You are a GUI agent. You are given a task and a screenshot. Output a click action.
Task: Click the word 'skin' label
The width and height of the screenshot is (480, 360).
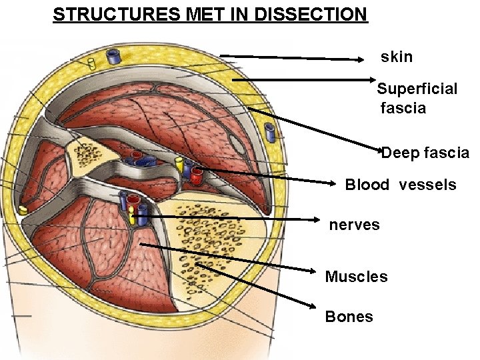[397, 57]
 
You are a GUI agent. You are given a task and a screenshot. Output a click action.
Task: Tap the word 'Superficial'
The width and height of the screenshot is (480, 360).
[417, 89]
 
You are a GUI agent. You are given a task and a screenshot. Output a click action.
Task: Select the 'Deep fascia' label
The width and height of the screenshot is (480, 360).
[425, 153]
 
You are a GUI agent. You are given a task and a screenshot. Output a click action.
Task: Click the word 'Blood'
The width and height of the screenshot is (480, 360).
[367, 185]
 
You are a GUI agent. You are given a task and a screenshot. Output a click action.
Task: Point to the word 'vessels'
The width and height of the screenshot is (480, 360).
[427, 185]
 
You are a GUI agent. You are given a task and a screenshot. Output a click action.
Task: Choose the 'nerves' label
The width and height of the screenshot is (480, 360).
[354, 225]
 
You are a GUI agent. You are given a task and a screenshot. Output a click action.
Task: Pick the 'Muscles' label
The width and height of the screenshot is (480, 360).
[356, 277]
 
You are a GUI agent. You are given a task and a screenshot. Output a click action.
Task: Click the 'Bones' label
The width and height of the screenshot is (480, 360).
[349, 317]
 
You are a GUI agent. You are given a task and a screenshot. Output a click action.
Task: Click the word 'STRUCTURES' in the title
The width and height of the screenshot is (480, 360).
[108, 14]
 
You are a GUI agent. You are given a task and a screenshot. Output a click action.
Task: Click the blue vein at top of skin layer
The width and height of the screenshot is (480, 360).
[114, 57]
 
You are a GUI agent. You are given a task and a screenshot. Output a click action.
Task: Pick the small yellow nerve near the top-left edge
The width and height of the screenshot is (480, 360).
[91, 64]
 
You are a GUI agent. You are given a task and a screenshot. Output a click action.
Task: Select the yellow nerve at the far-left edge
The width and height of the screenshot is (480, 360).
[23, 210]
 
